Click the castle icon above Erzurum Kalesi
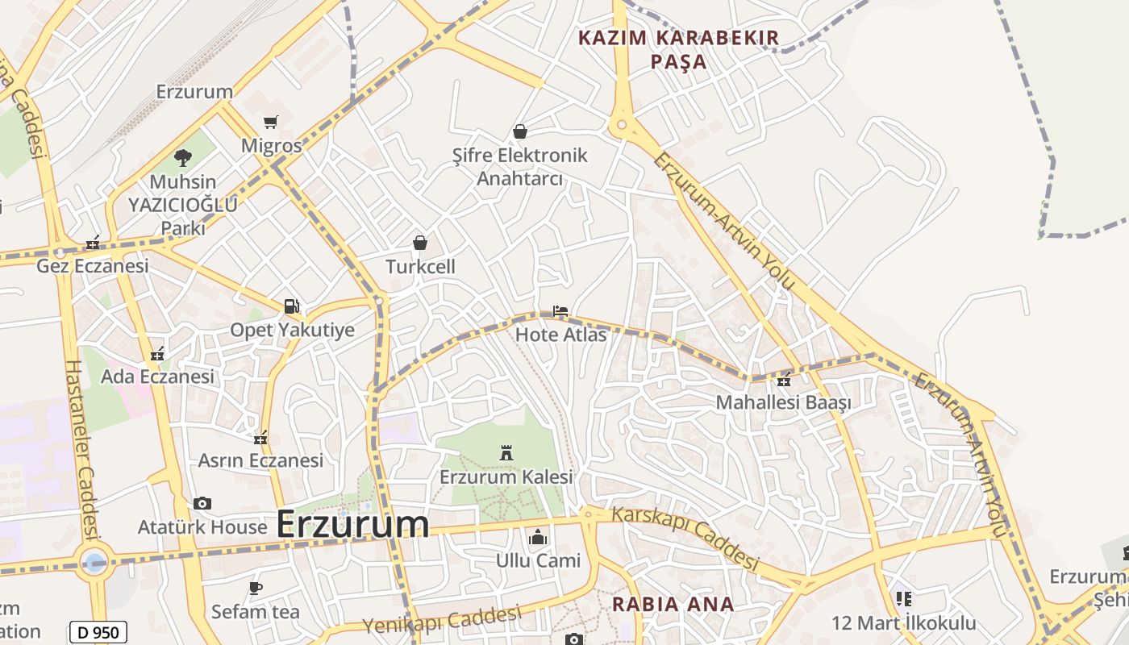pos(506,453)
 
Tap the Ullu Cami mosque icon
pos(537,536)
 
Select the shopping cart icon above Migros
pos(271,123)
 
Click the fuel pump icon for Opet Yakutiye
pos(291,306)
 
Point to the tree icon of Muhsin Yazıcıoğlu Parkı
pos(183,158)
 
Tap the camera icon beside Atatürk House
pos(202,504)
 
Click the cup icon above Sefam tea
pos(256,588)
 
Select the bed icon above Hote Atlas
pos(560,310)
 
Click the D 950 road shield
pos(98,633)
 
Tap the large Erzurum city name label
pos(352,524)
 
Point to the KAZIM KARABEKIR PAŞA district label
pos(679,49)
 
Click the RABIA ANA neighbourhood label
pos(673,604)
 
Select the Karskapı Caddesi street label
pos(685,538)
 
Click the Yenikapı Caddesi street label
pos(442,620)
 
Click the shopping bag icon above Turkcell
pos(419,243)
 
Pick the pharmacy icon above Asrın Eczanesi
pos(260,439)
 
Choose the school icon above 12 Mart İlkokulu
pos(903,599)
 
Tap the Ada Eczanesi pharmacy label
pos(157,377)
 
